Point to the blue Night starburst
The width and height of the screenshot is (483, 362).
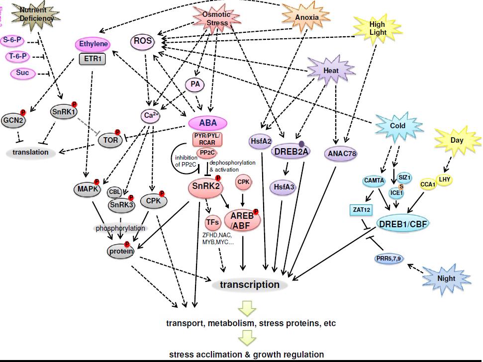pos(446,278)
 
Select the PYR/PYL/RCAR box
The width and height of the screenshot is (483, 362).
pos(207,139)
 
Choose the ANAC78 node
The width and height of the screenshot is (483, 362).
pos(342,154)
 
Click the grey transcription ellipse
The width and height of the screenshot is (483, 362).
pos(250,285)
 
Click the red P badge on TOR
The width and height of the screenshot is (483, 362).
pos(118,132)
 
